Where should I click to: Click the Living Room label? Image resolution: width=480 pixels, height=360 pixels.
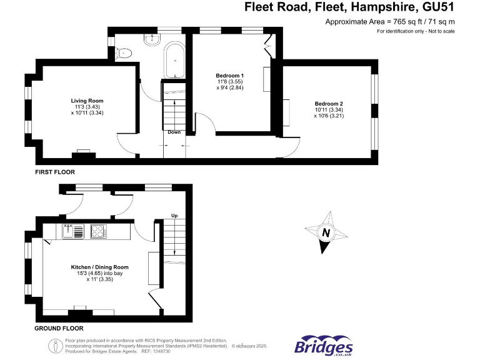pyautogui.click(x=87, y=101)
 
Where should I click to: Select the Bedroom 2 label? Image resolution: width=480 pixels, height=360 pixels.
pyautogui.click(x=329, y=104)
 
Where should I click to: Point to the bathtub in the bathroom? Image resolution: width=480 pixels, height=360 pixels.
pyautogui.click(x=174, y=61)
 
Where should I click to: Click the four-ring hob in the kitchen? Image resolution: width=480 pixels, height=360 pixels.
pyautogui.click(x=98, y=231)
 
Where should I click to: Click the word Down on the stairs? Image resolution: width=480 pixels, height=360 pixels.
pyautogui.click(x=174, y=132)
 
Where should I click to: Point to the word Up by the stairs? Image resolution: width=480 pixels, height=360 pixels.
pyautogui.click(x=175, y=216)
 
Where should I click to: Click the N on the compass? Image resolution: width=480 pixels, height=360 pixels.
pyautogui.click(x=325, y=234)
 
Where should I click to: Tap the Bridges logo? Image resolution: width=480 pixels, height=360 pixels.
pyautogui.click(x=323, y=346)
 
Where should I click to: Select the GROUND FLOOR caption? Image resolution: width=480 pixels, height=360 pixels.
pyautogui.click(x=59, y=328)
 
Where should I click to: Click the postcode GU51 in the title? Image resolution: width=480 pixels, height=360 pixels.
pyautogui.click(x=436, y=7)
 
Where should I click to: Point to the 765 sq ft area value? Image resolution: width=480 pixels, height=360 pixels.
pyautogui.click(x=395, y=21)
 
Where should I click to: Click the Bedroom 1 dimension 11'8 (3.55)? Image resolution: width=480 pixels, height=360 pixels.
pyautogui.click(x=230, y=82)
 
